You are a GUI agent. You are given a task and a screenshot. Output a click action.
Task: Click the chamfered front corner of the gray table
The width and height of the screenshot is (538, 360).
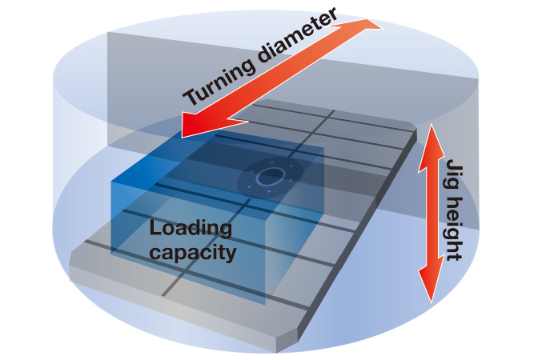pyautogui.click(x=282, y=343)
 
